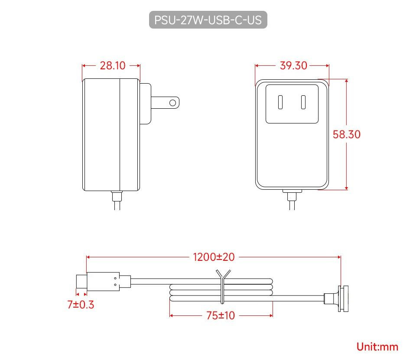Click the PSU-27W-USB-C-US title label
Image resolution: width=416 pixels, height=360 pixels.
(208, 20)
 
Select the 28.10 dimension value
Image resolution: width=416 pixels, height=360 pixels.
(113, 66)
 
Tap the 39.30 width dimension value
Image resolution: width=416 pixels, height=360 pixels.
(293, 66)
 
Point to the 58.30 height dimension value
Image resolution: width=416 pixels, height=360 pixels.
(346, 134)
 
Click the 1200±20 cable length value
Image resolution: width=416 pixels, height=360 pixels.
(214, 257)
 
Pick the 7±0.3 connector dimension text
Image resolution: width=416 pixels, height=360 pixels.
(81, 305)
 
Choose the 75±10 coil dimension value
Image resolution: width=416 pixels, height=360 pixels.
(221, 315)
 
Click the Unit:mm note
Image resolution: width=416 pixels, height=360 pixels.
(377, 347)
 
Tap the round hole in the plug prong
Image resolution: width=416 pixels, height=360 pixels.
(173, 103)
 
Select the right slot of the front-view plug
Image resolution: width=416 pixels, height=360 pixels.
(303, 103)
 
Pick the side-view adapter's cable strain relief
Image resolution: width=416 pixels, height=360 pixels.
(117, 196)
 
